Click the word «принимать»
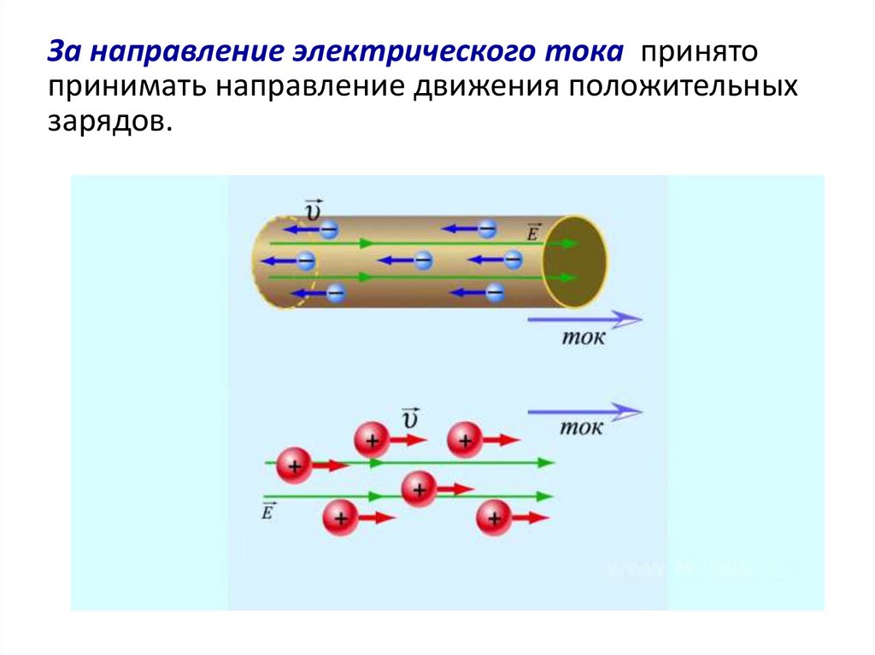126,88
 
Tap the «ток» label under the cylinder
583,338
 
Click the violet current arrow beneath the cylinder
584,319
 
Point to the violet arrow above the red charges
584,412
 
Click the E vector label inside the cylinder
534,231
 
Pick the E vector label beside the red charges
268,511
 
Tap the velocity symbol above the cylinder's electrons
313,208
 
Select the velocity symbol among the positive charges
411,418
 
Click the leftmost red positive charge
295,467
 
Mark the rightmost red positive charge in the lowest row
493,518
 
